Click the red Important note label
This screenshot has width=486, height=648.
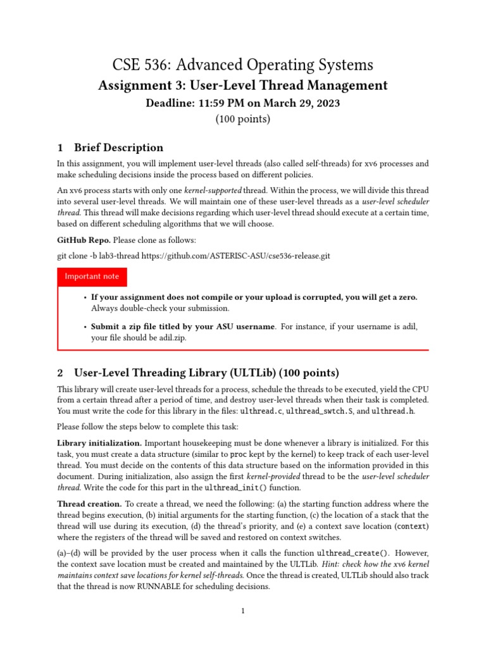pos(92,277)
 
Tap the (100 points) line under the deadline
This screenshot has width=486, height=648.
pos(242,119)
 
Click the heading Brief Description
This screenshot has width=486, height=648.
pos(118,148)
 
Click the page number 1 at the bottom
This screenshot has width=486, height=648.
pos(243,611)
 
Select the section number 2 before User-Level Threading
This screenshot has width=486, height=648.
pos(60,373)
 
